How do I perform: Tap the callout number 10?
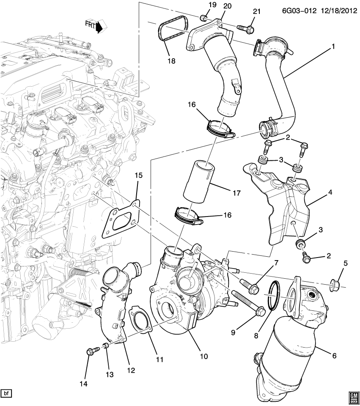(203, 357)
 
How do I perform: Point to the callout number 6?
(334, 356)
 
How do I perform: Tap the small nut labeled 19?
(203, 17)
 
